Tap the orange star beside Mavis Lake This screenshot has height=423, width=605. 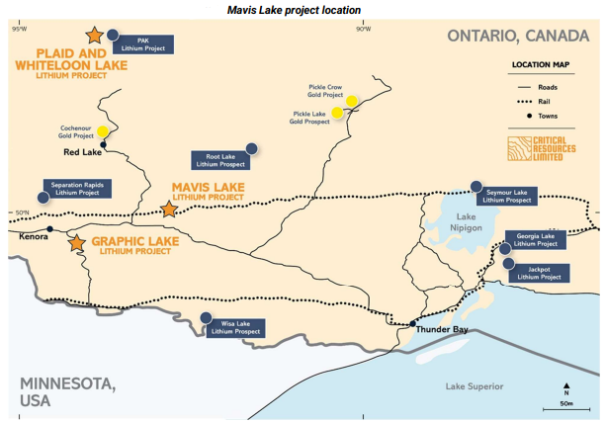[x=168, y=211]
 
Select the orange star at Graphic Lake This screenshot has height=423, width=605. [x=78, y=242]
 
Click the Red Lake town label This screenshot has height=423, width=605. [x=84, y=152]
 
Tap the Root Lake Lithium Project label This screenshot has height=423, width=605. [x=219, y=159]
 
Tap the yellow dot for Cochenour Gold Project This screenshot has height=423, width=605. [x=103, y=132]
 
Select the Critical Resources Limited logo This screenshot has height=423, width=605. [x=540, y=149]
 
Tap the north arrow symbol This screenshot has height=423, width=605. [x=565, y=388]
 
